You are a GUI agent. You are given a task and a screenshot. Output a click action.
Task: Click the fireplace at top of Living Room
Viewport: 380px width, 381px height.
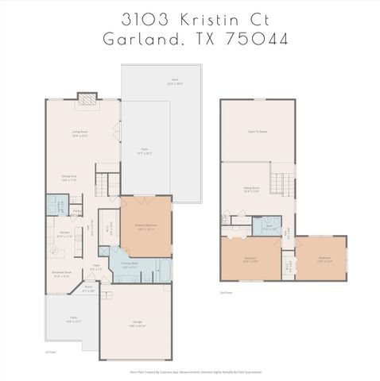(86, 98)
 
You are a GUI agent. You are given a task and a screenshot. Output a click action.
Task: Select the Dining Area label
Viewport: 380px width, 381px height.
(69, 179)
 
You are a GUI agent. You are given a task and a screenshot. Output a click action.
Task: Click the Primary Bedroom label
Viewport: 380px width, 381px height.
(145, 227)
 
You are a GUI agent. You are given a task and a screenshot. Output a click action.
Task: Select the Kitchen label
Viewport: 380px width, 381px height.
(66, 235)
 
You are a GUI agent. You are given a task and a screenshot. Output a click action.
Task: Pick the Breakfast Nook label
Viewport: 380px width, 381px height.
(63, 275)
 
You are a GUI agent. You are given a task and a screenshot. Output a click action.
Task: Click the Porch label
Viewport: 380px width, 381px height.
(89, 289)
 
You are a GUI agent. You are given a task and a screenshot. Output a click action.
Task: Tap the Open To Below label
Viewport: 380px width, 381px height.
(256, 131)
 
